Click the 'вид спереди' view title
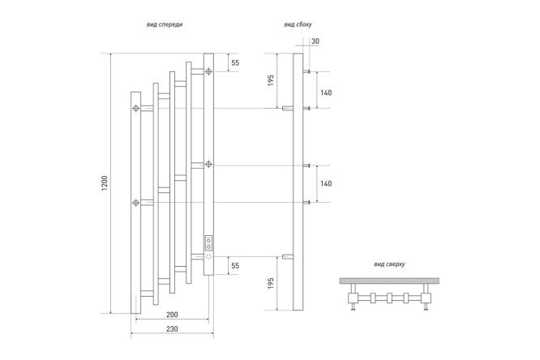[x=165, y=24]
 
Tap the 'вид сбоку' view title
[x=298, y=24]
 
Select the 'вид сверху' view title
[x=389, y=264]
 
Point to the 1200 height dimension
[x=105, y=183]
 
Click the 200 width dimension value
[x=172, y=314]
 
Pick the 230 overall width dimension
[x=172, y=328]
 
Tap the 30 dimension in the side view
[x=315, y=41]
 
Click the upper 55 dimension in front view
[x=235, y=62]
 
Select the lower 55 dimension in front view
[x=235, y=266]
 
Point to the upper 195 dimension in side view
[x=271, y=80]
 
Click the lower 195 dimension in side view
[x=271, y=283]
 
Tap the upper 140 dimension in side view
[x=326, y=92]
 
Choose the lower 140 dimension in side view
[x=326, y=183]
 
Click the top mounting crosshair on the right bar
[x=208, y=71]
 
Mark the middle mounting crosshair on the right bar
[x=208, y=164]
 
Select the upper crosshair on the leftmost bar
[x=136, y=108]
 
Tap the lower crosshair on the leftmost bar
[x=136, y=202]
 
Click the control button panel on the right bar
[x=208, y=243]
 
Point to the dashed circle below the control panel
[x=208, y=257]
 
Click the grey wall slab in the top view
[x=389, y=281]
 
